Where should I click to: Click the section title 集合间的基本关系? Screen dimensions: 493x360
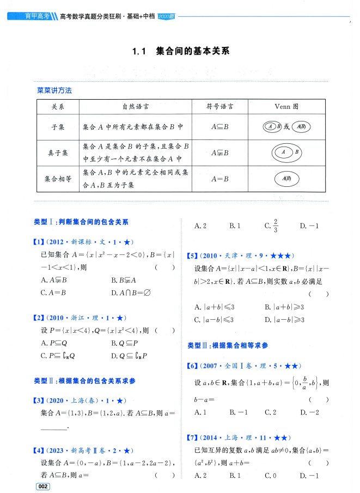click(x=192, y=52)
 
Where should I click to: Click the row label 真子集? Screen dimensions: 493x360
click(x=57, y=154)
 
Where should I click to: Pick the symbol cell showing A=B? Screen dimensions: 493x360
click(x=219, y=179)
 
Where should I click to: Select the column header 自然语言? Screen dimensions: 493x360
click(x=136, y=107)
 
